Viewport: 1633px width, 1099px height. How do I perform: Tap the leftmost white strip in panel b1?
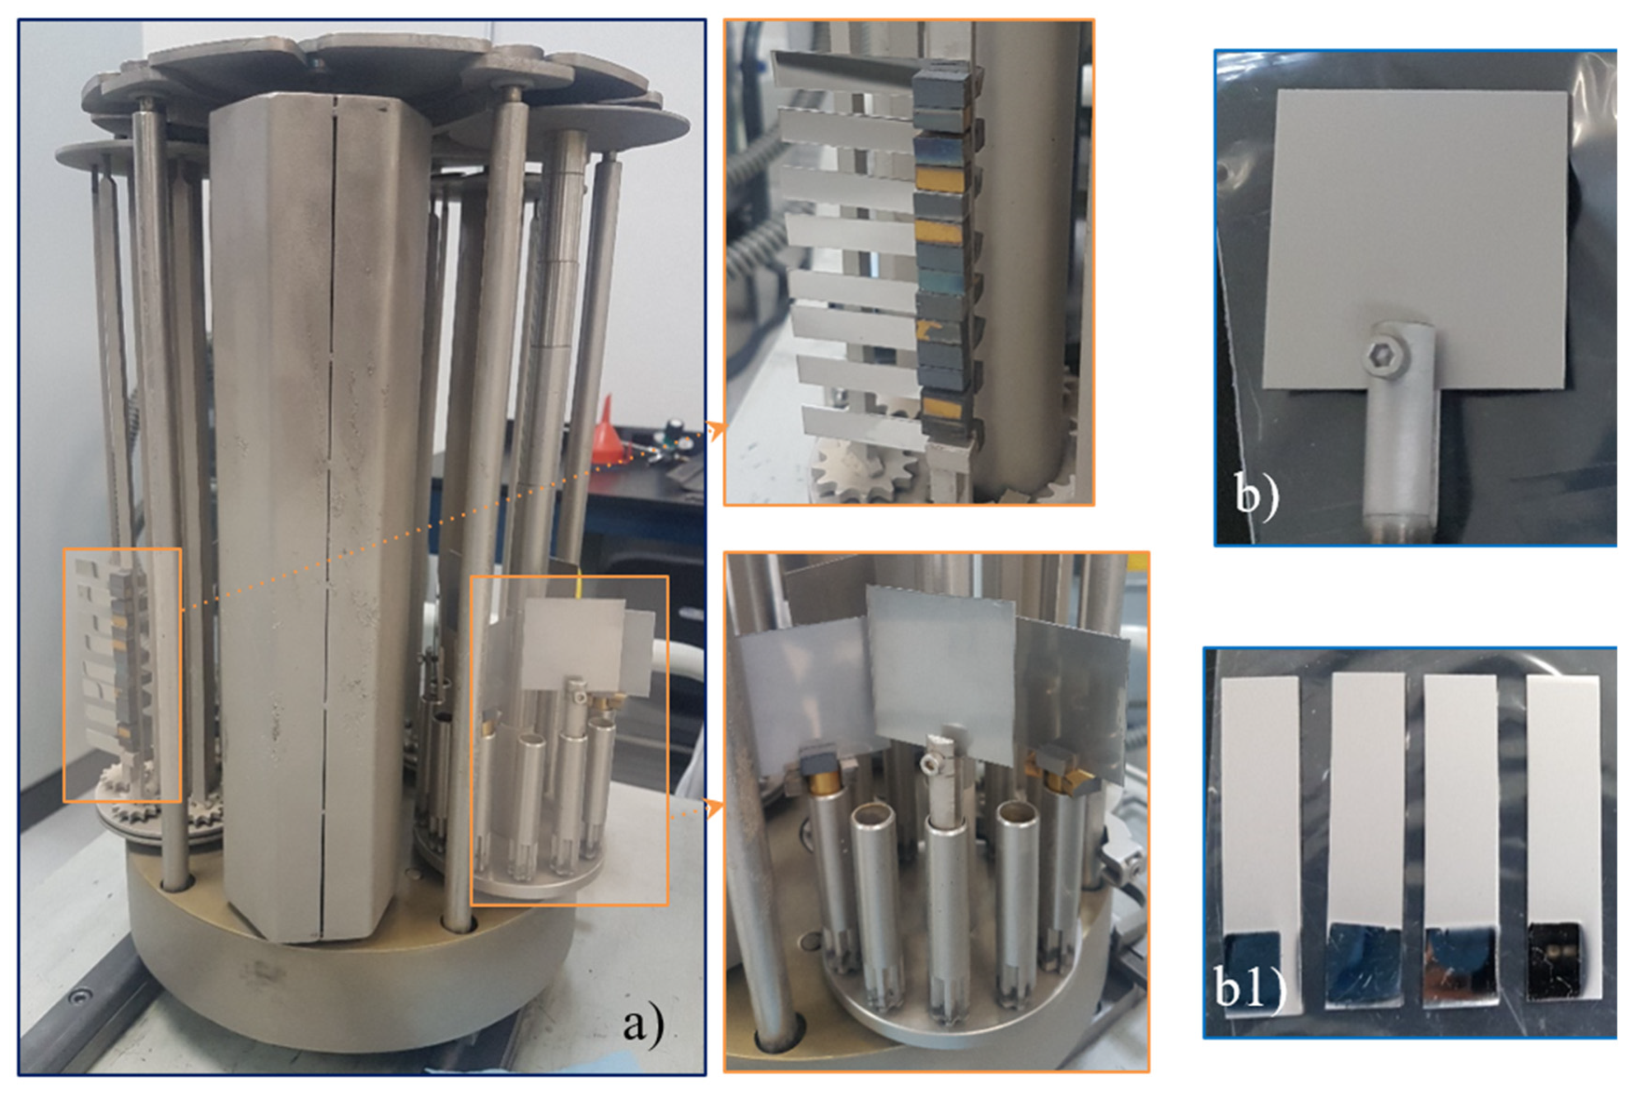point(1260,841)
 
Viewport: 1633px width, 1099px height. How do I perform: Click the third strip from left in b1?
point(1461,841)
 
